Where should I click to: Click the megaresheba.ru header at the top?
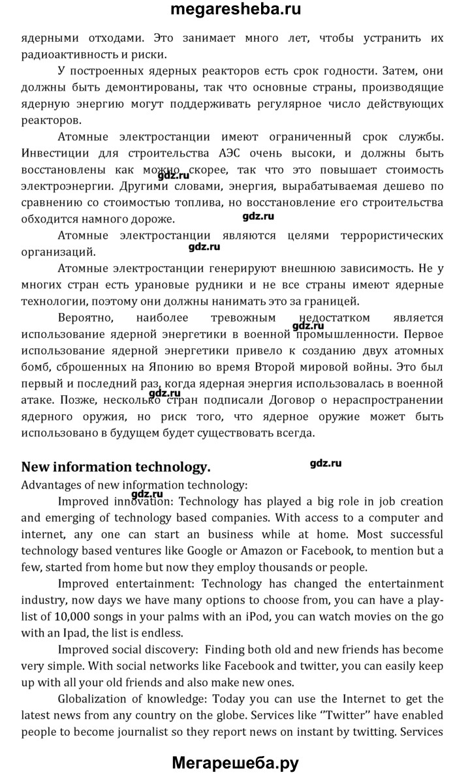tap(235, 10)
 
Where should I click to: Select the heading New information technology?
tap(116, 467)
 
